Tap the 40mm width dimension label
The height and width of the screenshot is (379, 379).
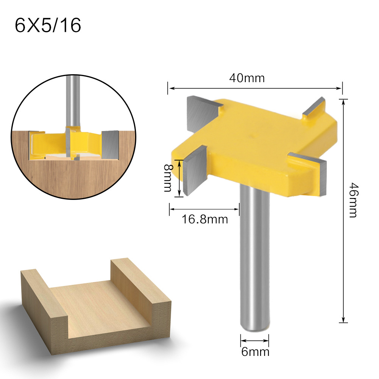pos(247,78)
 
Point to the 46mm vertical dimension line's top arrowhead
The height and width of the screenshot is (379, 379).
pos(343,101)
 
